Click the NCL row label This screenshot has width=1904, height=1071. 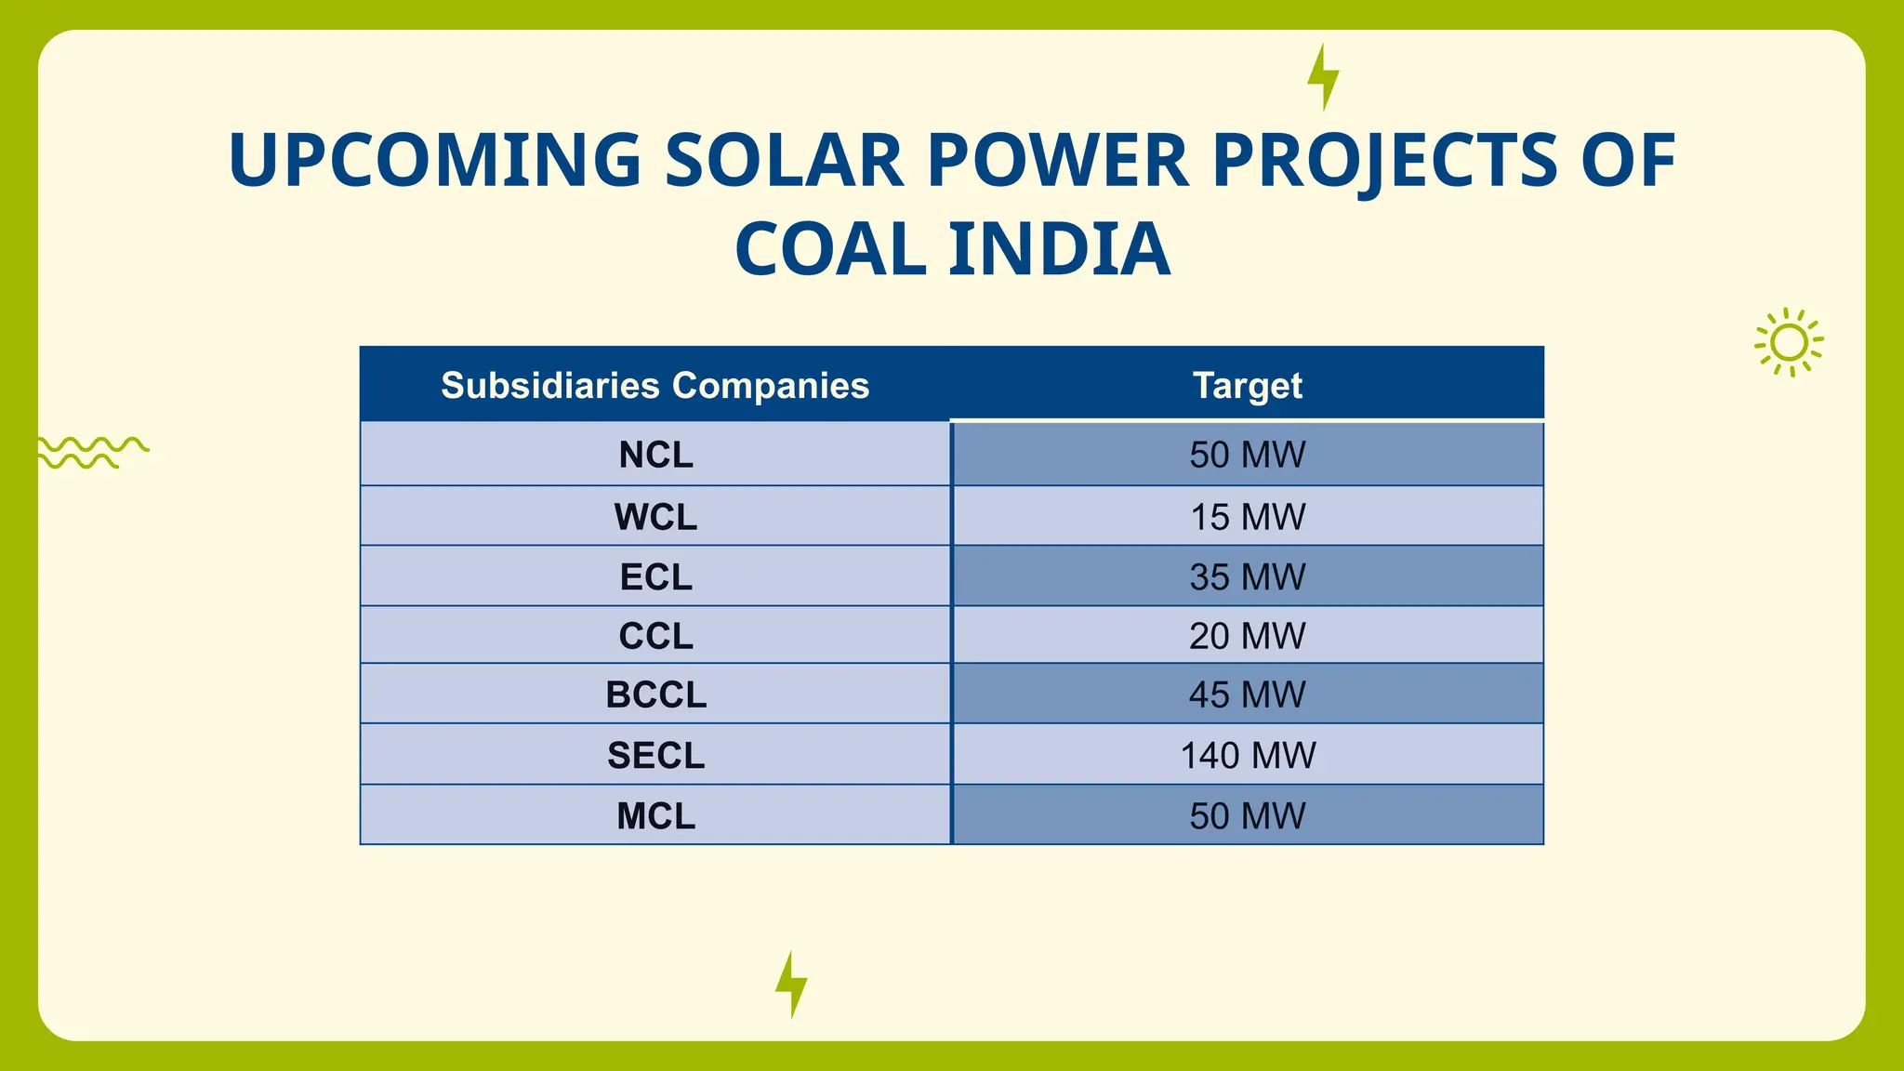[x=655, y=455]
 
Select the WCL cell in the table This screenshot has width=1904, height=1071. [x=655, y=517]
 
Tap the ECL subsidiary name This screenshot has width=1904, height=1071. [x=655, y=577]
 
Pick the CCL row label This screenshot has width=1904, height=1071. [x=655, y=636]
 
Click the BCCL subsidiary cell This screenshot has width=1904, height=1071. [x=655, y=694]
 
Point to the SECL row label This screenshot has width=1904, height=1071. [x=655, y=755]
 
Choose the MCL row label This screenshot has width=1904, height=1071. [x=655, y=815]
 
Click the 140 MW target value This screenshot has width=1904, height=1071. [x=1248, y=755]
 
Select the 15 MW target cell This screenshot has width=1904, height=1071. [x=1248, y=517]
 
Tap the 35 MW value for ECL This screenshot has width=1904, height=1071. [x=1248, y=577]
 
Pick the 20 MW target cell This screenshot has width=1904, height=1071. [x=1248, y=636]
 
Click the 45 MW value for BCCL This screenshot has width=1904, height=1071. [x=1248, y=694]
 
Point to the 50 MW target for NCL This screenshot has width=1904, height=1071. [x=1248, y=455]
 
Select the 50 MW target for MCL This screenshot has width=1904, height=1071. [x=1248, y=815]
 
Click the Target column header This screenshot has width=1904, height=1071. [x=1248, y=385]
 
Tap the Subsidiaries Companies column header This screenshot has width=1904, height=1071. [x=654, y=385]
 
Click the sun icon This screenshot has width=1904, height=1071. [x=1789, y=343]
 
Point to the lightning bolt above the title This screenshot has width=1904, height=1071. [x=1323, y=77]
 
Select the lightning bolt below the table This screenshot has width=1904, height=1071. [x=791, y=985]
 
